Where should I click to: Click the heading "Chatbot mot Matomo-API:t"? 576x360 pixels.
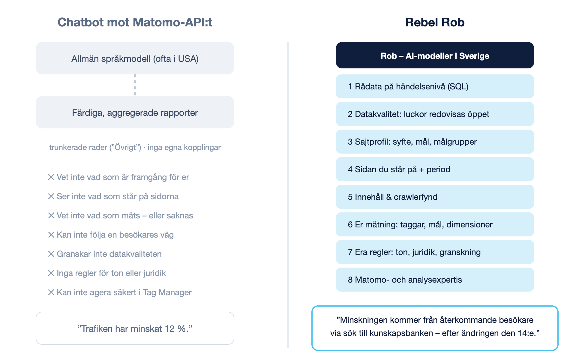(135, 22)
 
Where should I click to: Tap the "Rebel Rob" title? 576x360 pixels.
(435, 22)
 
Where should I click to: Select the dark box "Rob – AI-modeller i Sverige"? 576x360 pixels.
(435, 55)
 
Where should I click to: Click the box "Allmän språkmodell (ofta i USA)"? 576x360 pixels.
(135, 58)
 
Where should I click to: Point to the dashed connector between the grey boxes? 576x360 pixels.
(135, 85)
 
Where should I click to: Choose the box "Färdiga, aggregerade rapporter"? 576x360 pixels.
(135, 112)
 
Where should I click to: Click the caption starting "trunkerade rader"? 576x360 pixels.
(135, 147)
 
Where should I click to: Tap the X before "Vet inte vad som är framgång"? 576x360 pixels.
(51, 177)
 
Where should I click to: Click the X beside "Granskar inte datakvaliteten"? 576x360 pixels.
(51, 254)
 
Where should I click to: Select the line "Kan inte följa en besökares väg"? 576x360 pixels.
(111, 235)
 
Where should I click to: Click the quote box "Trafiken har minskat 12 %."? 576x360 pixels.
(135, 328)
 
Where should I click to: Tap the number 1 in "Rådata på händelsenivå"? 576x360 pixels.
(350, 87)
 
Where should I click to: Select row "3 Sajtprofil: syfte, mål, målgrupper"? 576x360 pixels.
(435, 142)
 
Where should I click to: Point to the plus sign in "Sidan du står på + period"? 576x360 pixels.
(421, 170)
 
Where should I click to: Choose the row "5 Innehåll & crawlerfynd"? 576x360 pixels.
(435, 197)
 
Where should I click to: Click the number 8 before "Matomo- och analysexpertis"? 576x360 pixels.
(350, 280)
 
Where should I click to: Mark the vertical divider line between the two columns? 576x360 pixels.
(288, 195)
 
